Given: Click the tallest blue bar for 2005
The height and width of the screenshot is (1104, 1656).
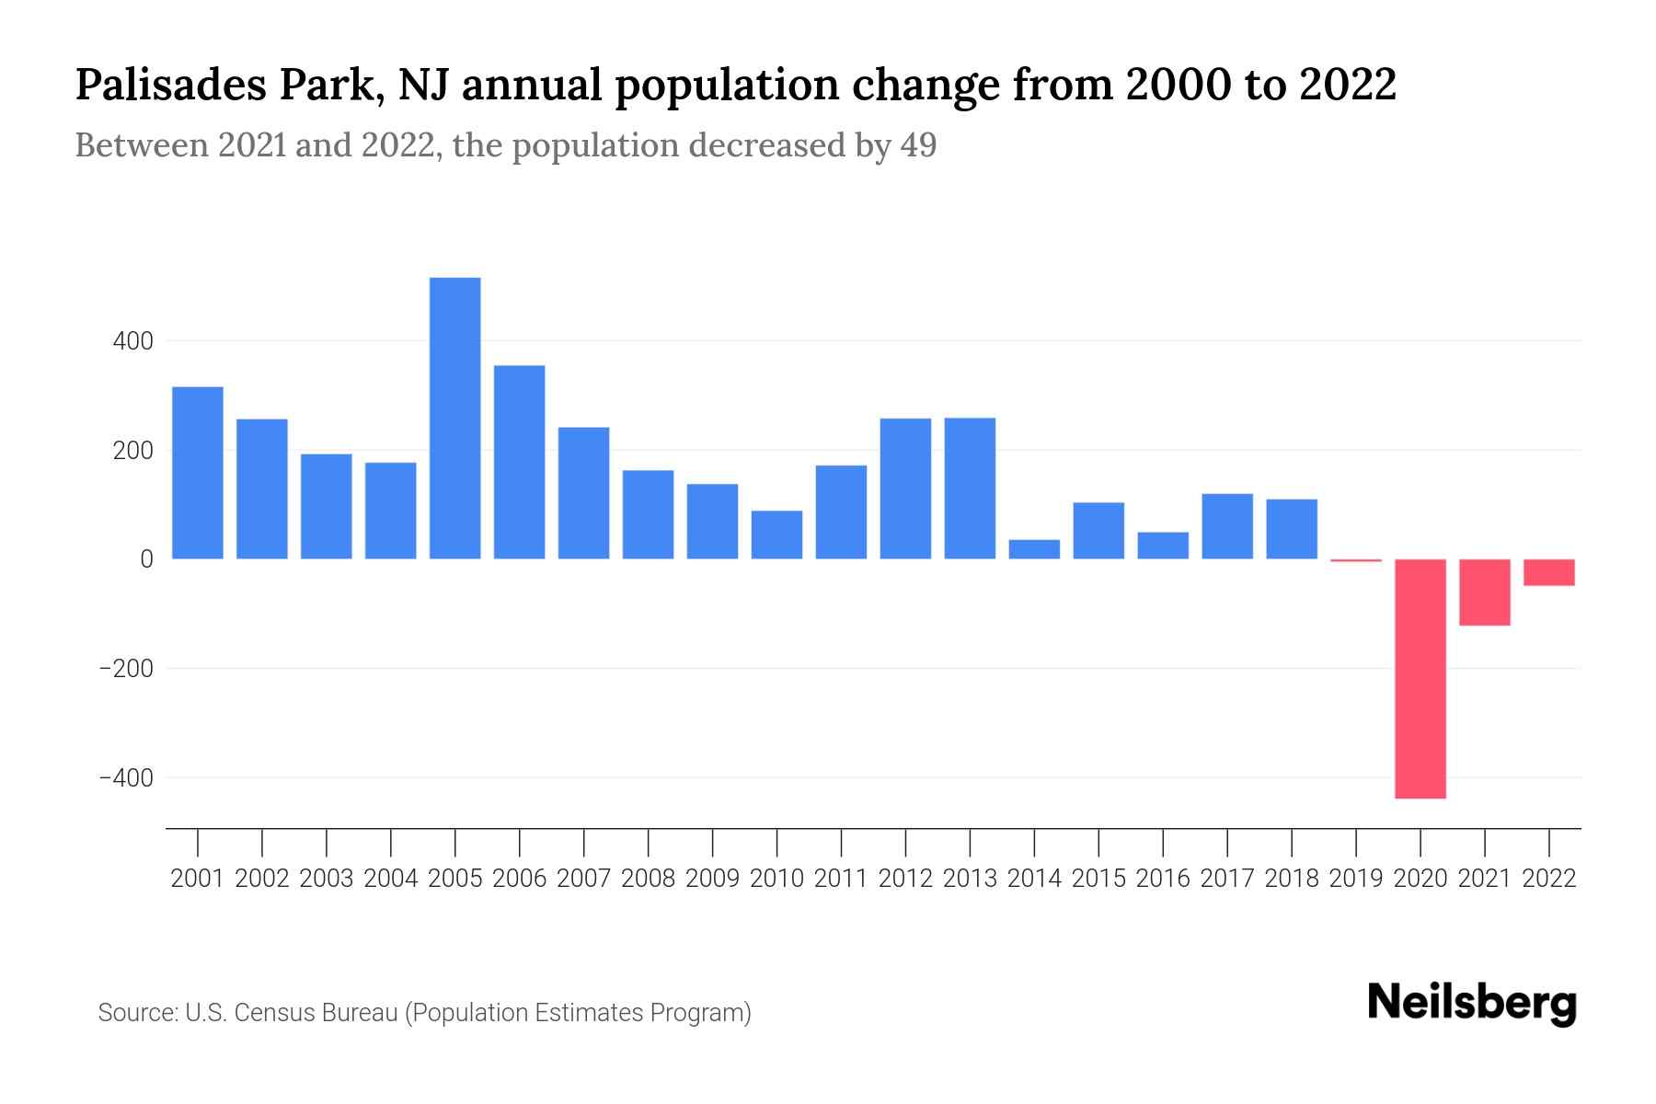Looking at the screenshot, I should [454, 419].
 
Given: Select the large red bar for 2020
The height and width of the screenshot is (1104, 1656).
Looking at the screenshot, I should [1420, 678].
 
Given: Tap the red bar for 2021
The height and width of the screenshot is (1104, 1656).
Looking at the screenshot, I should [1485, 592].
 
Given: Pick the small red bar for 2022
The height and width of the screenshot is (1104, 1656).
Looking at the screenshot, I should [1549, 572].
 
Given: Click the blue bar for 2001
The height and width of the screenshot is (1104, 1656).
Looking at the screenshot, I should [198, 473].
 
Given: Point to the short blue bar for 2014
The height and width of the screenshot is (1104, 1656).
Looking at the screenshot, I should [1034, 549].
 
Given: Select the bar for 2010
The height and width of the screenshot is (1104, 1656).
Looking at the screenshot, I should [776, 535].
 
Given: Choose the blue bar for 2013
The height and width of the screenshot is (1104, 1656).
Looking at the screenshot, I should [970, 489].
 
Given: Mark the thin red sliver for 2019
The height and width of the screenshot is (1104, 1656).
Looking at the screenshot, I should [1356, 560].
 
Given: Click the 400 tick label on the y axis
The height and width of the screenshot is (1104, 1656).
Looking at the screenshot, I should [133, 341].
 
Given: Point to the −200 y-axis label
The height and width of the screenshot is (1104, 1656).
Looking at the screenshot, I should [126, 669].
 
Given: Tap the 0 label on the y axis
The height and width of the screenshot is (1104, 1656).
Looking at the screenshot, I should [146, 559].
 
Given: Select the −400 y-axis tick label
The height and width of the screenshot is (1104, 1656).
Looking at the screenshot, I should [126, 778].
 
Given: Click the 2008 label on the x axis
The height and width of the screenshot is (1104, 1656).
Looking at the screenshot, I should [648, 879].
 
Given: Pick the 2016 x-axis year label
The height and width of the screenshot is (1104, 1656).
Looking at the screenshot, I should [1163, 879].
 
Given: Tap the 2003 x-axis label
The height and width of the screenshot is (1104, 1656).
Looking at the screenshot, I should [327, 879].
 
